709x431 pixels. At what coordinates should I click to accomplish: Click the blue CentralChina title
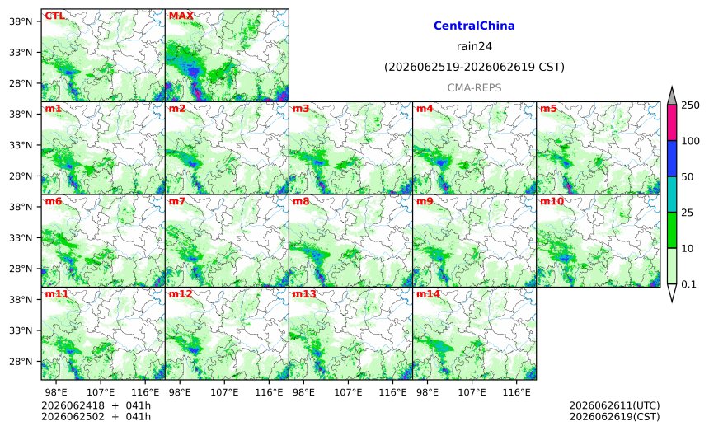point(474,26)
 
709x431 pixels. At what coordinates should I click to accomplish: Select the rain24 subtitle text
point(474,46)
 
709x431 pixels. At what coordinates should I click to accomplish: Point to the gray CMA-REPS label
point(474,87)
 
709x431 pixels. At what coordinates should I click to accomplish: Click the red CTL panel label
point(54,16)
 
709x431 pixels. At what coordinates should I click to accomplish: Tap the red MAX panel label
point(181,16)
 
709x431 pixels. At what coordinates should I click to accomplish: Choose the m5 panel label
point(548,109)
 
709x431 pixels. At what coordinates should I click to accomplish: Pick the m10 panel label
point(552,202)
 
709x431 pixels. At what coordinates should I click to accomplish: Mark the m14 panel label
point(428,294)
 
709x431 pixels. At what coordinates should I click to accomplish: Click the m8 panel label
point(301,202)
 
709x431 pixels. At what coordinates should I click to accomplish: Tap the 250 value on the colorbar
point(691,105)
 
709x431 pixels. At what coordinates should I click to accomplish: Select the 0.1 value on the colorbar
point(688,284)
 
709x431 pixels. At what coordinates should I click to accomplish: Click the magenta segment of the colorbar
point(672,123)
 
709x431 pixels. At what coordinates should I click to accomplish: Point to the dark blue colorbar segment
point(672,158)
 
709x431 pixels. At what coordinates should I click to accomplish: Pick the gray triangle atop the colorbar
point(672,96)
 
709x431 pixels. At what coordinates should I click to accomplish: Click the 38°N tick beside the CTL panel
point(21,21)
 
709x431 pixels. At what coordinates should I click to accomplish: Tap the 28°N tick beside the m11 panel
point(21,362)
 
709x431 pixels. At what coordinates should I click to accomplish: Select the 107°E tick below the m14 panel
point(472,392)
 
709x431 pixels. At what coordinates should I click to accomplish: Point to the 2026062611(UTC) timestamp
point(614,405)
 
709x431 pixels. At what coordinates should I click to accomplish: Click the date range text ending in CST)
point(474,68)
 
